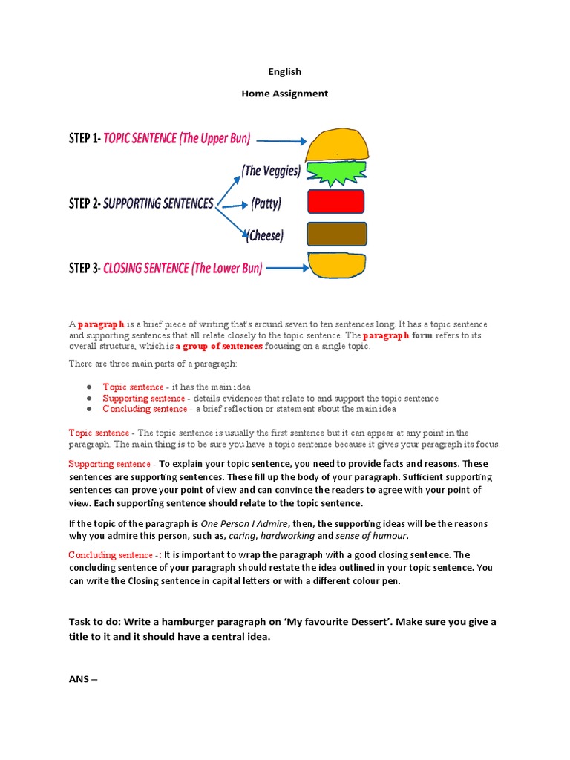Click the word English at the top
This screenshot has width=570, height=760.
(285, 71)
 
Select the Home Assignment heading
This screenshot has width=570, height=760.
(285, 94)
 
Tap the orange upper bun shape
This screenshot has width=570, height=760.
(337, 142)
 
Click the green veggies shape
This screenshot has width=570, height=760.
(337, 173)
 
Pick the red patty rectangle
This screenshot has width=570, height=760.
(335, 202)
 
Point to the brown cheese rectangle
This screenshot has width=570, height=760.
(336, 234)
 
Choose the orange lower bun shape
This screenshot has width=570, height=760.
(337, 265)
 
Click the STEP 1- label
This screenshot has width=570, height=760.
(84, 138)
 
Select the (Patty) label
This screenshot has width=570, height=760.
(266, 203)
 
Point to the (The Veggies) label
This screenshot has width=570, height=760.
(271, 171)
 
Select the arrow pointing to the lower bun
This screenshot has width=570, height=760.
(285, 269)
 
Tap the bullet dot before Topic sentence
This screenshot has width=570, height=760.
(89, 387)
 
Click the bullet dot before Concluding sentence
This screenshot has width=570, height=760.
(89, 409)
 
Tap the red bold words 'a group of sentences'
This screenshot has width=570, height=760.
(219, 347)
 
